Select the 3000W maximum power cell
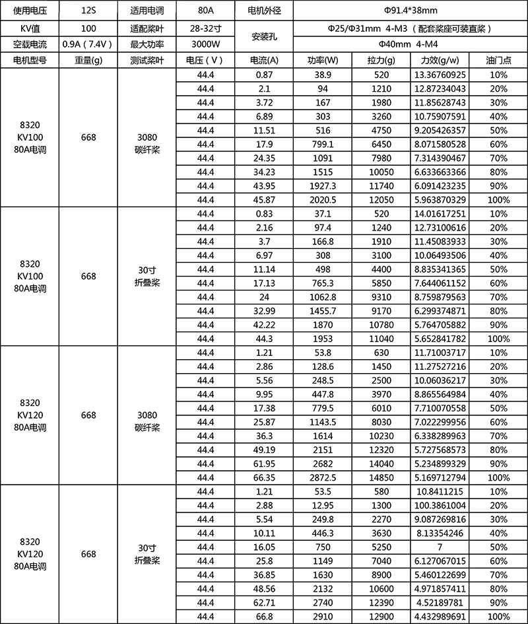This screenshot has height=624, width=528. click(206, 44)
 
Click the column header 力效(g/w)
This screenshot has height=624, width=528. click(439, 60)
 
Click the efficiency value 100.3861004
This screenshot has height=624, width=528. click(439, 504)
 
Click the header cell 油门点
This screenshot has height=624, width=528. click(499, 60)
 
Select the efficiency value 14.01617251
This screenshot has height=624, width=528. click(439, 213)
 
